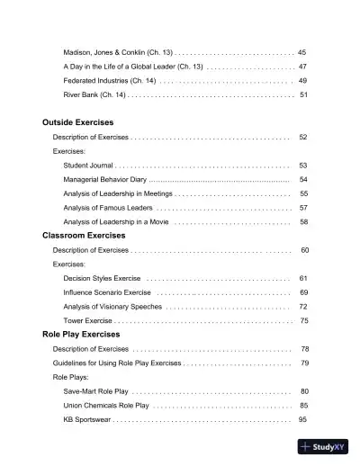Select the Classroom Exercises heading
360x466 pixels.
(84, 235)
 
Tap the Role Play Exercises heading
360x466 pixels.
(81, 334)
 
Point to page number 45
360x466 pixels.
(302, 52)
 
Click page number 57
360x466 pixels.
(304, 208)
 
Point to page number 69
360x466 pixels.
(304, 292)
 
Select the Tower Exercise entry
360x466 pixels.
(87, 320)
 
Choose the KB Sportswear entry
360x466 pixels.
(86, 419)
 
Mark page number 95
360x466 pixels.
(303, 419)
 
